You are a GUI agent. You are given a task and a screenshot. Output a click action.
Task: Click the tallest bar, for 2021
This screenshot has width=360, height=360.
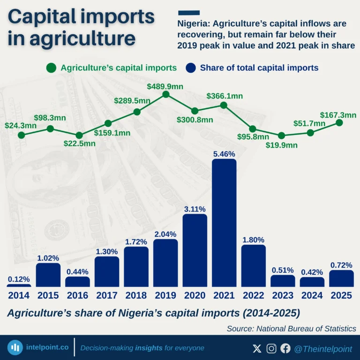224,223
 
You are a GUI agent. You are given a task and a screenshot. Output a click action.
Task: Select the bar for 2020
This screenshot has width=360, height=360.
195,250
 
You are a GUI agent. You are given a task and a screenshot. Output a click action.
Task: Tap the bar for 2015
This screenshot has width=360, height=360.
48,275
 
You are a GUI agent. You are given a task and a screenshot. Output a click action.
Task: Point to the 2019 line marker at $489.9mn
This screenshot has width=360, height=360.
165,95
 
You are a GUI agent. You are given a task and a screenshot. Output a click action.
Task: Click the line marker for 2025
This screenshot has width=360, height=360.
339,122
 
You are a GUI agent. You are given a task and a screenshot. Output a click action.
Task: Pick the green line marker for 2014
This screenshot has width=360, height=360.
21,135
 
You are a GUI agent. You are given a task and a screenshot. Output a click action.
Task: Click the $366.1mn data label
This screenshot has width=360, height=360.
225,96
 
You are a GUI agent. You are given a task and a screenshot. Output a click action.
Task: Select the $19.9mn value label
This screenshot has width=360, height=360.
282,145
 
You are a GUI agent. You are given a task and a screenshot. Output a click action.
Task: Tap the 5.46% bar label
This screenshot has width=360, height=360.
224,154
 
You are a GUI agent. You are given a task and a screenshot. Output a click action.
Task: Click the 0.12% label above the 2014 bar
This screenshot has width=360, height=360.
19,279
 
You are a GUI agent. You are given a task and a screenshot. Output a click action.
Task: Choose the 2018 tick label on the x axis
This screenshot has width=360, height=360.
136,295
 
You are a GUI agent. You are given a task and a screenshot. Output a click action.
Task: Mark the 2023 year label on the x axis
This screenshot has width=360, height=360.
283,295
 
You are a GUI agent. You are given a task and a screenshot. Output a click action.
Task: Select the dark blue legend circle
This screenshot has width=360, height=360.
191,67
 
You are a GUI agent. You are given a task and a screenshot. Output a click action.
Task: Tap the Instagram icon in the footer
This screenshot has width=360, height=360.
271,348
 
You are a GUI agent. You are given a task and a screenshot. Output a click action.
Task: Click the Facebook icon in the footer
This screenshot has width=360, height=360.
285,348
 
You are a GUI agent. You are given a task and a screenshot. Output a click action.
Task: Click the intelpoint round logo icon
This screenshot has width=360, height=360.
15,348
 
